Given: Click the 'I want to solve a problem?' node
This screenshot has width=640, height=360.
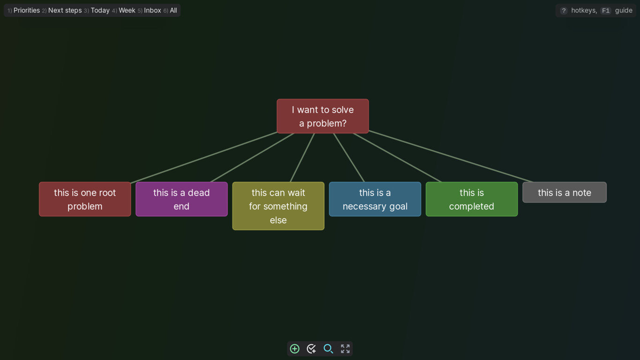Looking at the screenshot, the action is [x=322, y=116].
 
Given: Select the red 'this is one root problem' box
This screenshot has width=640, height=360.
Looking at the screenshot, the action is [x=85, y=199].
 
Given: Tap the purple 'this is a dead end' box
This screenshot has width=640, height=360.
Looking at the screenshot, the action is [x=181, y=199].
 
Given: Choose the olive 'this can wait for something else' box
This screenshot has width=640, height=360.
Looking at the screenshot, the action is [x=278, y=206].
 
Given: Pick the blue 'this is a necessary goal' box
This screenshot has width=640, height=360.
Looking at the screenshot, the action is [x=375, y=199].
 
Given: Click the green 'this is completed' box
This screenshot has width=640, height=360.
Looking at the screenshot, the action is [x=472, y=199].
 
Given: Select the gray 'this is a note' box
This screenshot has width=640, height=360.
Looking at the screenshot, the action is [x=565, y=192].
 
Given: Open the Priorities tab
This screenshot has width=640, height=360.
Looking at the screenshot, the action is [x=27, y=10].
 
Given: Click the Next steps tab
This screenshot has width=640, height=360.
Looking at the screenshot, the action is [x=65, y=10].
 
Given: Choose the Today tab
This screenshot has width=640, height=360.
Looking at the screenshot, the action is [x=100, y=10].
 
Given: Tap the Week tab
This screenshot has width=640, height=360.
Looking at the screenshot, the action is [x=127, y=10].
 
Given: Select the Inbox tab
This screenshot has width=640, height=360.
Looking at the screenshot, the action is [x=152, y=10].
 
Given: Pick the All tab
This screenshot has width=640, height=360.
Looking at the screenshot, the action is [x=173, y=10].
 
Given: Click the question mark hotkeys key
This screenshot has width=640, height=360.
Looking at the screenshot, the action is [x=564, y=11].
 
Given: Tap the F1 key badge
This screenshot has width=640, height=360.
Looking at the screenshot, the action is [x=605, y=11].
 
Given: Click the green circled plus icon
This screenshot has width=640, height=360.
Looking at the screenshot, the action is [x=295, y=349].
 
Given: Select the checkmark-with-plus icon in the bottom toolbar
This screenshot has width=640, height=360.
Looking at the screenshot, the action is [x=311, y=349].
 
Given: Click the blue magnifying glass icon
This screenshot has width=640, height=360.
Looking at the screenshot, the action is [x=328, y=349].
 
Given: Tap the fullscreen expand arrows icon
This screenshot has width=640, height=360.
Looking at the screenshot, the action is [x=345, y=349].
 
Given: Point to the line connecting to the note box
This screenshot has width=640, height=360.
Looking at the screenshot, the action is [x=451, y=156].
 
